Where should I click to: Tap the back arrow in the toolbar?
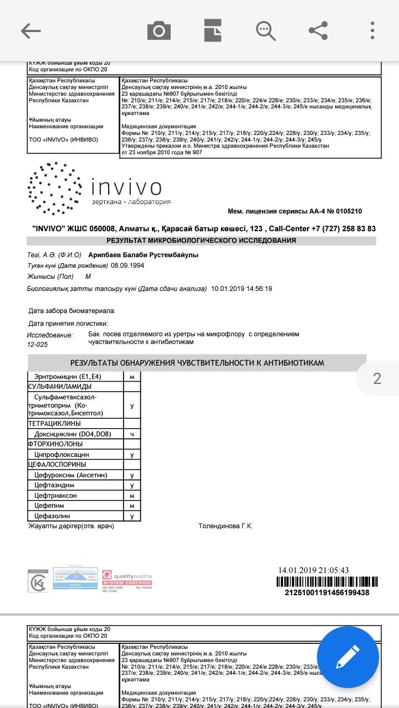[31, 30]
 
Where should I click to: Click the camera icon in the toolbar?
[159, 30]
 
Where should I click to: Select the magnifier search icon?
[266, 30]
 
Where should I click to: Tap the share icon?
[318, 30]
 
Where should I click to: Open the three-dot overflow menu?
[373, 30]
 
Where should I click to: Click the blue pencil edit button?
[348, 657]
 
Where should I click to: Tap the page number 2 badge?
[377, 378]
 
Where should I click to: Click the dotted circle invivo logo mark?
[53, 188]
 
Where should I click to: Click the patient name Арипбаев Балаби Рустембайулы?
[143, 255]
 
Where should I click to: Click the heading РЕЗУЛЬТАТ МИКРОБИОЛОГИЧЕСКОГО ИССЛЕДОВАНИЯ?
[201, 241]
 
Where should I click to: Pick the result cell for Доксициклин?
[132, 434]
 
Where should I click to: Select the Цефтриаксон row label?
[55, 496]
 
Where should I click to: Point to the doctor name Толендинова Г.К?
[225, 526]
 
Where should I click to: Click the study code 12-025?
[38, 345]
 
